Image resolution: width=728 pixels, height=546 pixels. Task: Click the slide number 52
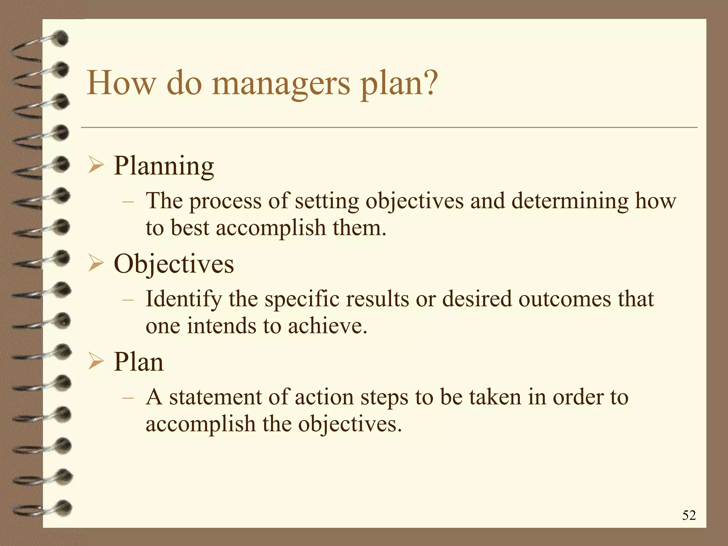(689, 515)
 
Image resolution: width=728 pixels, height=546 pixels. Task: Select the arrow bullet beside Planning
(96, 166)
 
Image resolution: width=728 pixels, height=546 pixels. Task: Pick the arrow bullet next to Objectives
(96, 264)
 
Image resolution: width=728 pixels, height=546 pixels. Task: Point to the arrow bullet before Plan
(96, 362)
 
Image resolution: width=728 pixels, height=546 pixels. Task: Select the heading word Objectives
(174, 264)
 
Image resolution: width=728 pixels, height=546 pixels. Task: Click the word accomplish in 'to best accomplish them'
(271, 228)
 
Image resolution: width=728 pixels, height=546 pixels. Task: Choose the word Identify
(184, 299)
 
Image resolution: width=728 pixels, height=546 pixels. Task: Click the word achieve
(327, 326)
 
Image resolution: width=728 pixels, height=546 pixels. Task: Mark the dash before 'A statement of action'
(128, 398)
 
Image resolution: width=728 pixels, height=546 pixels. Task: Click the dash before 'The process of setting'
(128, 202)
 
